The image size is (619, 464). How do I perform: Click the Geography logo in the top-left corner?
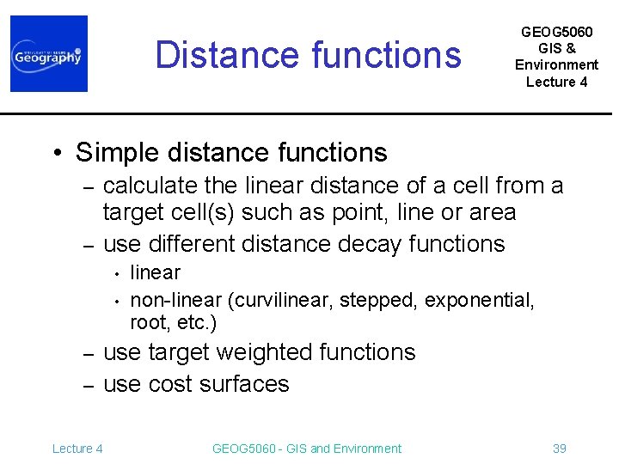pos(48,53)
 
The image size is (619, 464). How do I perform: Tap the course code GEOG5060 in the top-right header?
pos(556,31)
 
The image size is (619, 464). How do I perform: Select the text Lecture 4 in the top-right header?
pos(556,82)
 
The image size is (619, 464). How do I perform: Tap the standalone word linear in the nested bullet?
pos(155,273)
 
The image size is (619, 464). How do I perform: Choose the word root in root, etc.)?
pos(145,323)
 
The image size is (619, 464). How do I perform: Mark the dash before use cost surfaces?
pos(87,385)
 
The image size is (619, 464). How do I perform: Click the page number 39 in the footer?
pos(559,449)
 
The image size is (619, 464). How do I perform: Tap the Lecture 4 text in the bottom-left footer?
pos(77,449)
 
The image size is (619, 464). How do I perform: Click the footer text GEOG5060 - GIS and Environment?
pos(306,449)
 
